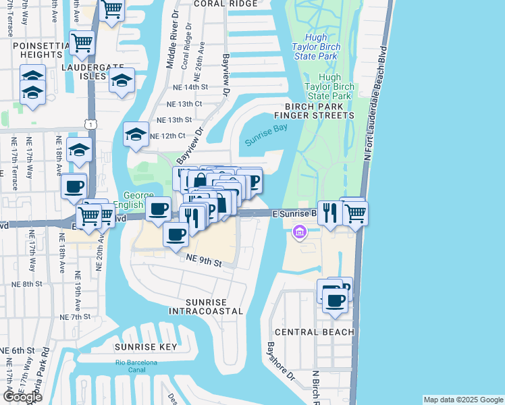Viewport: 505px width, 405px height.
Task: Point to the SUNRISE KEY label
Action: pyautogui.click(x=145, y=347)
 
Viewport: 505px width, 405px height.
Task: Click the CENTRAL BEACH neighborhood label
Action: pyautogui.click(x=314, y=332)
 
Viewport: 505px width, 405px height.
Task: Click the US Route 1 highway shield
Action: pyautogui.click(x=89, y=124)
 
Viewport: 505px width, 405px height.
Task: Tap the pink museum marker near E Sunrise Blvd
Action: pyautogui.click(x=300, y=233)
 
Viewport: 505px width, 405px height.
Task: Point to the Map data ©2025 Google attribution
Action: pyautogui.click(x=463, y=400)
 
